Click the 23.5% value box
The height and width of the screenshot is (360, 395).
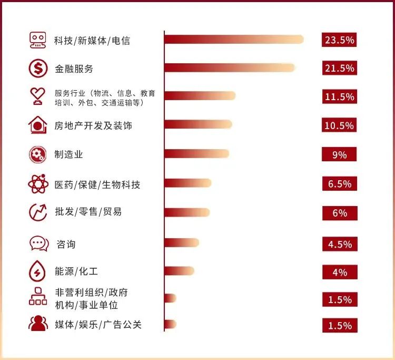tap(340, 40)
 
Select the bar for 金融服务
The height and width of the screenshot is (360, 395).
tap(230, 67)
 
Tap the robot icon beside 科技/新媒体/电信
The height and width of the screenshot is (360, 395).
tap(37, 40)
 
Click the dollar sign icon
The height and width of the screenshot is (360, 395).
tap(37, 68)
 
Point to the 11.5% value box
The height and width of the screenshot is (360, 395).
tap(340, 97)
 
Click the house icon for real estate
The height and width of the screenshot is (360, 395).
tap(37, 125)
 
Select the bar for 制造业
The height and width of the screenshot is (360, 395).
tap(197, 153)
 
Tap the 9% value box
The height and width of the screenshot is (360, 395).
tap(340, 154)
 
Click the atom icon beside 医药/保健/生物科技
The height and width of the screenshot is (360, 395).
tap(37, 184)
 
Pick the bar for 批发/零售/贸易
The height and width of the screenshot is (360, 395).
tap(187, 212)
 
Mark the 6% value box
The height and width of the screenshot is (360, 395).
tap(340, 213)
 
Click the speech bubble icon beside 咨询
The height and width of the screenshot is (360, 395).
tap(38, 244)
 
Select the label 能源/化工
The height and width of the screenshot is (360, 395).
tap(76, 272)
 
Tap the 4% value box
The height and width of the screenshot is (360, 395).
tap(340, 273)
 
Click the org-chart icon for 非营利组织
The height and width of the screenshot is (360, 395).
tap(37, 298)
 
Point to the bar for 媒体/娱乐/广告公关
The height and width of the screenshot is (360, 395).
tap(170, 324)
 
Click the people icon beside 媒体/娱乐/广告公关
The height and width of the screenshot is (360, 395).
tap(38, 324)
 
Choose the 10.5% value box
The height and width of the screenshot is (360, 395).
tap(340, 125)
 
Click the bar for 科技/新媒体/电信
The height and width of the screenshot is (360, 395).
tap(234, 40)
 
